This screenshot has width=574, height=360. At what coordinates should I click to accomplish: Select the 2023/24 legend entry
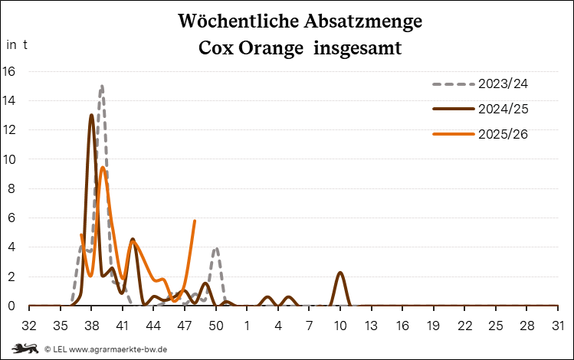(x=503, y=83)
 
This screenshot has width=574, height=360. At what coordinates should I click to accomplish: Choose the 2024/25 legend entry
(x=503, y=109)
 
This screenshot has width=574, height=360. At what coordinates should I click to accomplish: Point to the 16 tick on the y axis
(x=9, y=71)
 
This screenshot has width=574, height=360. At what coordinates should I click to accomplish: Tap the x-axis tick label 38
(x=91, y=326)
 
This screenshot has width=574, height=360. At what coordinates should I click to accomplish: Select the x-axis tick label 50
(x=216, y=326)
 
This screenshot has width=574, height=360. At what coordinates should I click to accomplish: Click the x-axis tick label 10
(x=340, y=326)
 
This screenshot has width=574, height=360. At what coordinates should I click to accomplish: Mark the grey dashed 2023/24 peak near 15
(x=101, y=86)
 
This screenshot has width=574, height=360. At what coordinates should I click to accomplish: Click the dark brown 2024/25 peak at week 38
(x=91, y=116)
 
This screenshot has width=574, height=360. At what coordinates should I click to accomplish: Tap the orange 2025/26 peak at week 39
(x=102, y=168)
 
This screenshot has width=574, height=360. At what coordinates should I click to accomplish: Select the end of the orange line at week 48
(x=195, y=221)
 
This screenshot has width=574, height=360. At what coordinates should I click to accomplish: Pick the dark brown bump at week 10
(x=340, y=273)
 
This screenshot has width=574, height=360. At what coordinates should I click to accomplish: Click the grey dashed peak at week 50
(x=216, y=248)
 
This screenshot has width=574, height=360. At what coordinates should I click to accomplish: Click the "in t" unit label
(x=18, y=44)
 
